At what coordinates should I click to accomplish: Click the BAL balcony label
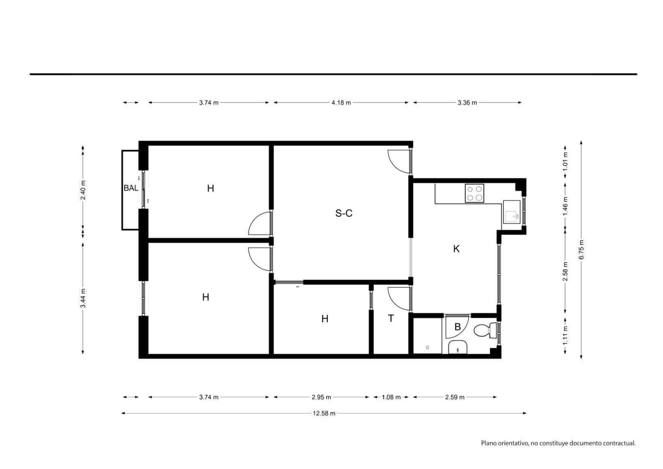coord(131,188)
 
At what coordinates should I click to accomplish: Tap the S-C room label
coord(344,213)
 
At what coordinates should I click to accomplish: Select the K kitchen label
coord(456,249)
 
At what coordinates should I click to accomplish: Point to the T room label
coord(391,318)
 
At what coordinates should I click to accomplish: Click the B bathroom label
coord(457,327)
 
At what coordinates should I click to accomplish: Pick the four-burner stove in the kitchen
coord(474,193)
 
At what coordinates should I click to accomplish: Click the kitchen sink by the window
coord(512,212)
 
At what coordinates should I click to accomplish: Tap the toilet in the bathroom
coord(485,330)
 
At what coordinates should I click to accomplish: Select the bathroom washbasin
coord(457,347)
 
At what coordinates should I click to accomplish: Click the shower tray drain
coord(427,347)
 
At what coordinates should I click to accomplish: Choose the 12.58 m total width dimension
coord(324,413)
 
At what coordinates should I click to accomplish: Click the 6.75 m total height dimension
coord(581,250)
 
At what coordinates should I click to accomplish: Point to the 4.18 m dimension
coord(341,102)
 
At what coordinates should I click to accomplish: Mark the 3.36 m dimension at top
coord(467,102)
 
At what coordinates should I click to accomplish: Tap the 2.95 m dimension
coord(321,397)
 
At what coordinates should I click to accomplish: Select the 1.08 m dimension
coord(391,397)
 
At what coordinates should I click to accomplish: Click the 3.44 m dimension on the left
coord(83,298)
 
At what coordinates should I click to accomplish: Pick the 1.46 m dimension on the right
coord(565,206)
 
